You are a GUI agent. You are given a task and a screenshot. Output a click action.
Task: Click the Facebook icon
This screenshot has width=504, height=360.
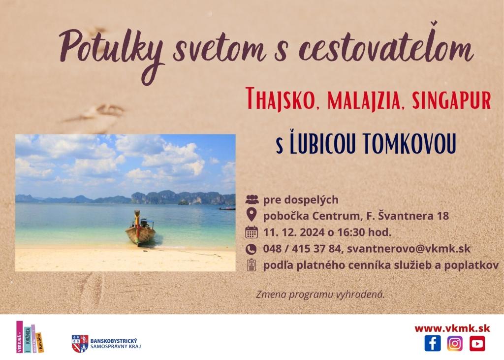point(433,343)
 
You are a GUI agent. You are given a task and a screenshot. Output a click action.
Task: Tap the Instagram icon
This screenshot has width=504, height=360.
point(455,343)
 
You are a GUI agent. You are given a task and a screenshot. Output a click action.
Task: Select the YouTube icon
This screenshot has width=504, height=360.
point(477,343)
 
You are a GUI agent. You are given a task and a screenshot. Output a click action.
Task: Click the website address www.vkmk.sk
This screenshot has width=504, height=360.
point(452,328)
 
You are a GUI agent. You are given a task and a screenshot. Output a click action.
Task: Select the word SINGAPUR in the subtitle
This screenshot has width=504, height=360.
point(451,100)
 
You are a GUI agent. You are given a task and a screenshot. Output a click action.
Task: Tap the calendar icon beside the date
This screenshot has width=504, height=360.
point(252,232)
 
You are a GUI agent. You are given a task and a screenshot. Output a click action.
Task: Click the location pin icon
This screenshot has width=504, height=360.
point(251,215)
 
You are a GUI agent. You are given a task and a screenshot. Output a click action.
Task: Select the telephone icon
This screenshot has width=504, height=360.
point(251,249)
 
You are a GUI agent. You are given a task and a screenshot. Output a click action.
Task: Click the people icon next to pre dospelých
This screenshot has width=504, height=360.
point(252,199)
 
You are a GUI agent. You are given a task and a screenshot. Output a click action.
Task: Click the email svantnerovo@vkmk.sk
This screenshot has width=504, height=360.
point(409,249)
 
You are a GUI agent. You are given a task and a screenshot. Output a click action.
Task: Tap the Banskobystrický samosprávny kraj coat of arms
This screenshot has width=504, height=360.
point(80,344)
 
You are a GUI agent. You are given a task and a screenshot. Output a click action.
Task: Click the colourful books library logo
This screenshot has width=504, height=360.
point(30,337)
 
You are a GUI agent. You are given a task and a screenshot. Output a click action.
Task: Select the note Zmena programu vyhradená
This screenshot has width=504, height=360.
point(320,295)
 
